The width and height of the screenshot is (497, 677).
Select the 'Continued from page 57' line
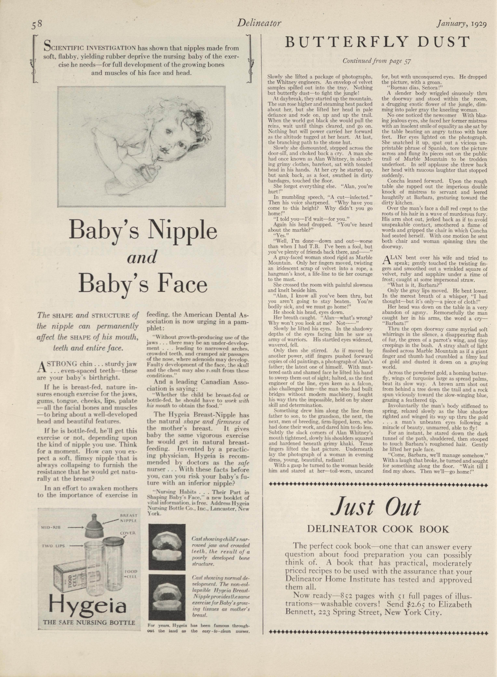[377, 61]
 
